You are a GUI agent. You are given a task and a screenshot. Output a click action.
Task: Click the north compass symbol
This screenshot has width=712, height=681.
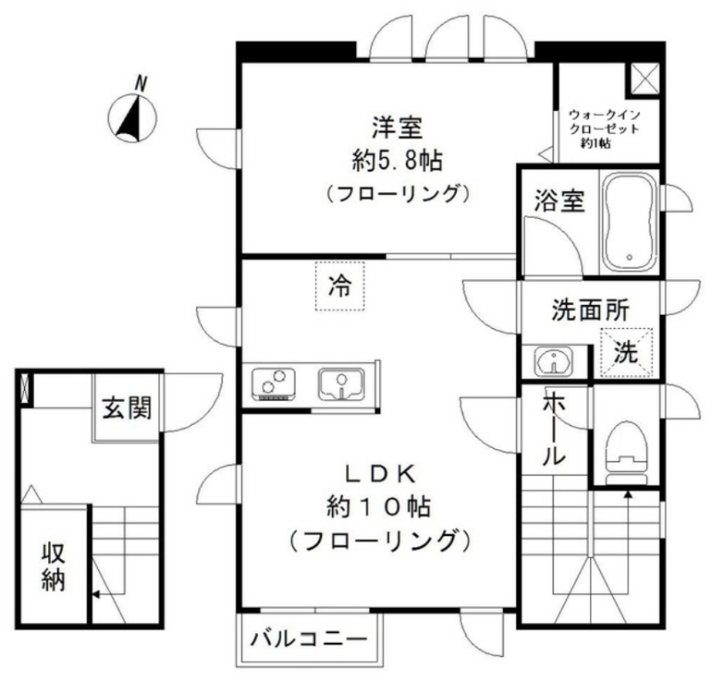132,117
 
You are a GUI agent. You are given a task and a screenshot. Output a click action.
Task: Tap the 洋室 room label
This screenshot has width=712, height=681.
397,127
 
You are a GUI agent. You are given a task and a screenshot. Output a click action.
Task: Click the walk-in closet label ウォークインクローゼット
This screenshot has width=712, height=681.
604,122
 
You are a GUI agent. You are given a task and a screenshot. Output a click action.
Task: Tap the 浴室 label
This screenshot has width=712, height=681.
559,201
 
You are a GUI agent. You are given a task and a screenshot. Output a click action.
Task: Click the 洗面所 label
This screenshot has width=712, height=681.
590,310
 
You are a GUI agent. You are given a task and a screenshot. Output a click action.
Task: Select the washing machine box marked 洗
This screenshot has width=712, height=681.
627,352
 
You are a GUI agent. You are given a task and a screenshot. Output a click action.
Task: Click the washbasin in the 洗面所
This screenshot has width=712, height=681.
554,362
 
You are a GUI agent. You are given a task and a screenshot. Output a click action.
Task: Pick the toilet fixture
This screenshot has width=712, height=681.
627,453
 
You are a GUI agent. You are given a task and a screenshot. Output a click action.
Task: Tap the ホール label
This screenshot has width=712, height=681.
554,428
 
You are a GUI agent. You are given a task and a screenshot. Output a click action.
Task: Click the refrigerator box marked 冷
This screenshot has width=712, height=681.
340,286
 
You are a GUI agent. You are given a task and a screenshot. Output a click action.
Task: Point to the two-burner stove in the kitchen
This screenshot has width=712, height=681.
274,384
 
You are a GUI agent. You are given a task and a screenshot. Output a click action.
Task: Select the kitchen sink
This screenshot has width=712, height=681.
342,384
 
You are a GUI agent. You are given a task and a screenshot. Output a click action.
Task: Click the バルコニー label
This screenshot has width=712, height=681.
309,640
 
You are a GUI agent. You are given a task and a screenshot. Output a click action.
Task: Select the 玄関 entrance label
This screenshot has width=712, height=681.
126,407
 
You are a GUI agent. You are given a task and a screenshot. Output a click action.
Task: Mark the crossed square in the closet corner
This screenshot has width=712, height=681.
642,80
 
